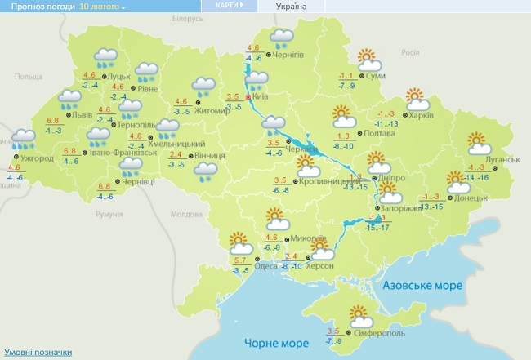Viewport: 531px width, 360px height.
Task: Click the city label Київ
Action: click(x=261, y=96)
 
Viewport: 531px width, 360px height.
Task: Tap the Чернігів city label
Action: click(x=287, y=55)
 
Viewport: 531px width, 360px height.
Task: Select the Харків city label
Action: click(x=421, y=114)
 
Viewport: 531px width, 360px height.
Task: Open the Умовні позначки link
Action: click(x=37, y=353)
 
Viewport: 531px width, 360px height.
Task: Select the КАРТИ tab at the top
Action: click(x=230, y=5)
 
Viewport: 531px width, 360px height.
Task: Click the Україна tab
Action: click(x=292, y=6)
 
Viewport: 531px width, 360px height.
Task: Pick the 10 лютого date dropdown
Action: click(x=102, y=7)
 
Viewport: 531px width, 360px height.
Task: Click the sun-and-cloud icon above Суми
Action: click(x=370, y=60)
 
